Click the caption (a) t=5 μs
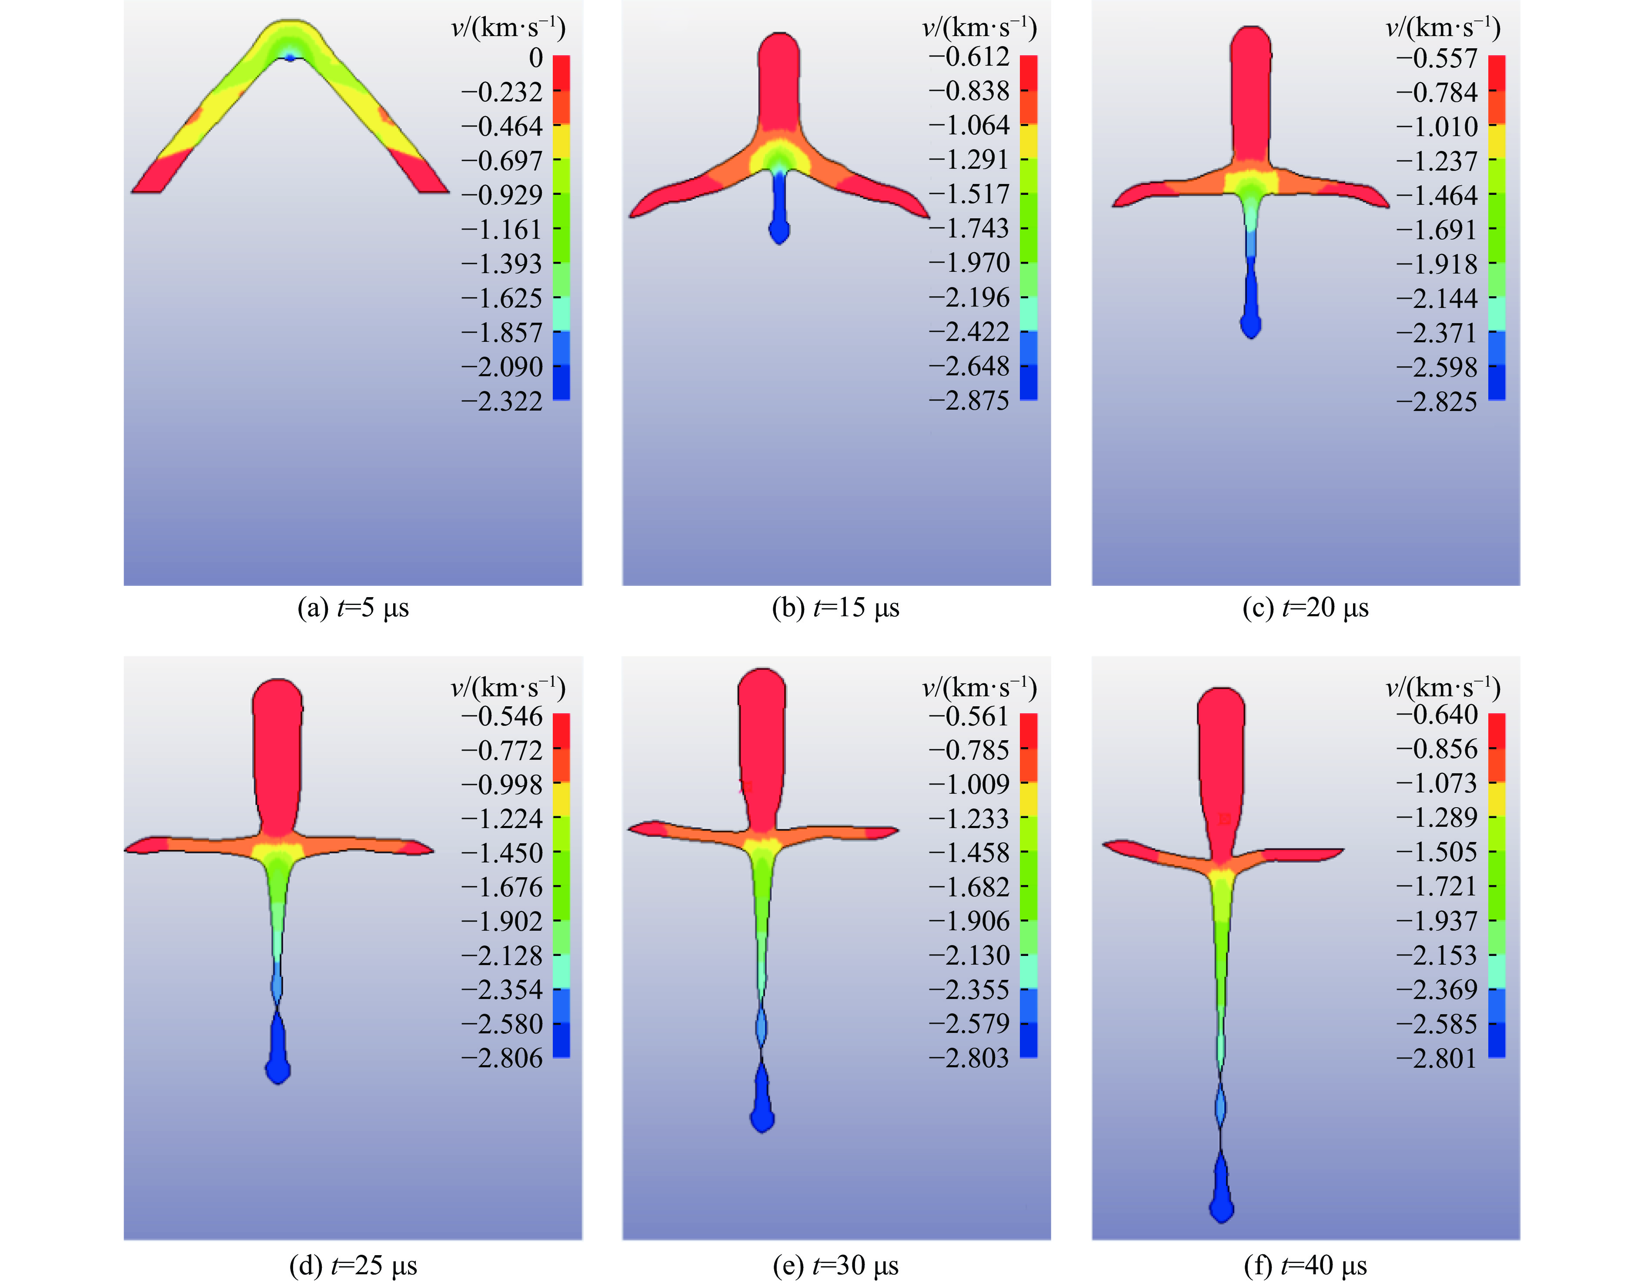click(353, 608)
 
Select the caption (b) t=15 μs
click(835, 608)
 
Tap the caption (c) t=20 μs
click(1305, 608)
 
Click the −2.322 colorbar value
click(502, 401)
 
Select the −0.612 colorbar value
click(969, 57)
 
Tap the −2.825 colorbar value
click(1437, 402)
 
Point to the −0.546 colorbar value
click(502, 716)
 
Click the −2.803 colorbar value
click(969, 1058)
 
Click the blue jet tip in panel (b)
click(779, 231)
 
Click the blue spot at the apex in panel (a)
click(290, 57)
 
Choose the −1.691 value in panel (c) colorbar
click(1437, 230)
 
